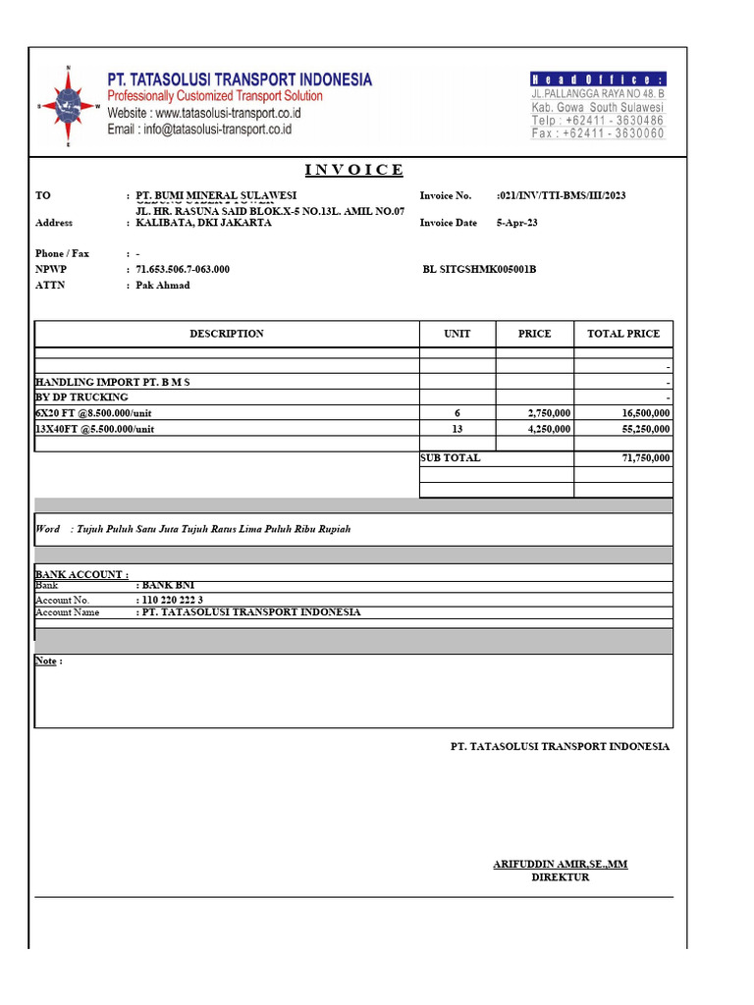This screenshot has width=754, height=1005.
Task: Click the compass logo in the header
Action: click(69, 106)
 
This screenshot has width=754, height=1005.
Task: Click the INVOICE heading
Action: click(353, 170)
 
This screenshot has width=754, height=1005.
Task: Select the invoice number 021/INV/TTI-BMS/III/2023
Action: click(563, 195)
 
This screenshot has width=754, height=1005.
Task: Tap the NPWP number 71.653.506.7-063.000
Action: click(183, 269)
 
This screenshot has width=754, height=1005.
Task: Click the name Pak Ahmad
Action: click(163, 286)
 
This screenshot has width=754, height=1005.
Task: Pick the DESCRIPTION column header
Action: click(227, 334)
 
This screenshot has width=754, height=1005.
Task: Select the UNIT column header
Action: click(458, 334)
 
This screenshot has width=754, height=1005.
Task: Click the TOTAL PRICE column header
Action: click(623, 334)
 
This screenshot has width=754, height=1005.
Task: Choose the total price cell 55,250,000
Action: click(640, 429)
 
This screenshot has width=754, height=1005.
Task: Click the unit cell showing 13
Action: click(457, 429)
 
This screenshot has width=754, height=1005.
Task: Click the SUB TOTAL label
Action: click(451, 458)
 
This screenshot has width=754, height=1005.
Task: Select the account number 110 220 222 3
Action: click(173, 600)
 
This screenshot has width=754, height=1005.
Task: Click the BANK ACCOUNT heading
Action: click(81, 574)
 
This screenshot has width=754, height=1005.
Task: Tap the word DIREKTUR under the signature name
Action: click(561, 877)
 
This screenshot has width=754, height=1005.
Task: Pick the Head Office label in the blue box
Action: click(598, 79)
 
